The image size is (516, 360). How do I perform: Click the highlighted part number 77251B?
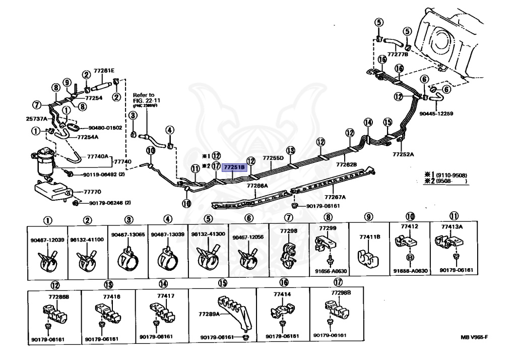pyautogui.click(x=234, y=167)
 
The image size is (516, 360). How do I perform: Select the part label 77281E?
pyautogui.click(x=104, y=70)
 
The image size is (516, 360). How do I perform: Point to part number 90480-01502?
pyautogui.click(x=105, y=128)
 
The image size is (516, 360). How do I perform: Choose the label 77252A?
pyautogui.click(x=404, y=154)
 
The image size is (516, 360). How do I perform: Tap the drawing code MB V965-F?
pyautogui.click(x=474, y=337)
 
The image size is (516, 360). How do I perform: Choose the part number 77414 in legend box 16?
pyautogui.click(x=282, y=294)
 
